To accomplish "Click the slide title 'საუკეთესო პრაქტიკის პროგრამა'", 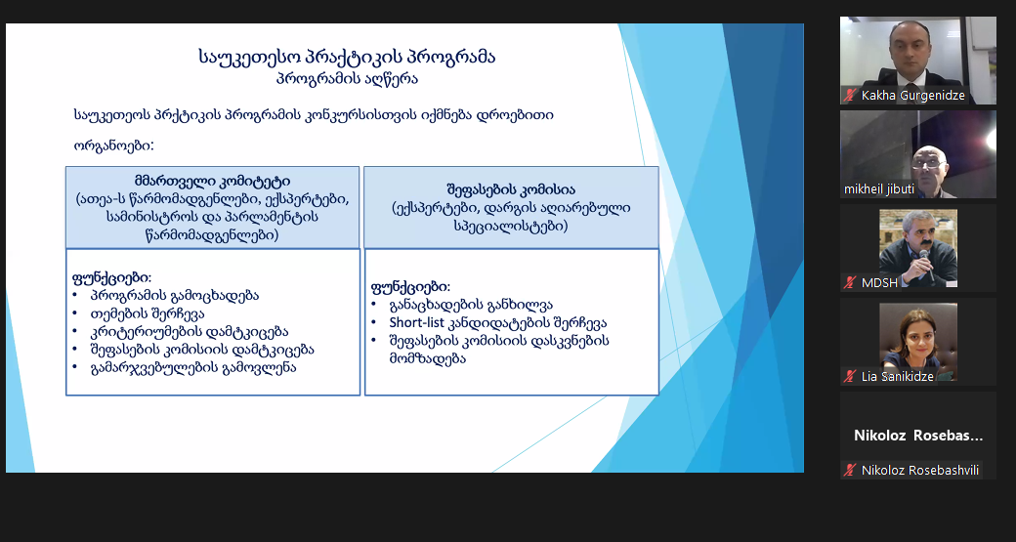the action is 347,57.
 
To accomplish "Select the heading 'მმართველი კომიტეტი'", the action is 213,181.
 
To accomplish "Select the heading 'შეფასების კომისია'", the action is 511,189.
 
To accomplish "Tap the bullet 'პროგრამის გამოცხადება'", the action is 175,296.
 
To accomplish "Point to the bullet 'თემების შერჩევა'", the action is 148,314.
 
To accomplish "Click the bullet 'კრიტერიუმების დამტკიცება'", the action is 190,332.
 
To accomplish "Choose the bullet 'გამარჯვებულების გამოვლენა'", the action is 193,368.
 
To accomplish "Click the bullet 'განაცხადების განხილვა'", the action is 471,305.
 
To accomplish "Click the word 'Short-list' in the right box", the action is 416,322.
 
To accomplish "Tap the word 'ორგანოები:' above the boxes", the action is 113,146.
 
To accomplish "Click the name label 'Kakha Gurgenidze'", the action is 913,96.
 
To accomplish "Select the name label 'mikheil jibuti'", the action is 879,189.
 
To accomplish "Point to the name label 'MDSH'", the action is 880,283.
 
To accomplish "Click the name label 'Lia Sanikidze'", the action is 898,376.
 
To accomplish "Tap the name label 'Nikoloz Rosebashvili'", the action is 920,470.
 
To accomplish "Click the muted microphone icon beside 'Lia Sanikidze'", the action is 850,376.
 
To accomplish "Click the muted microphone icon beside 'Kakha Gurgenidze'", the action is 850,96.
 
